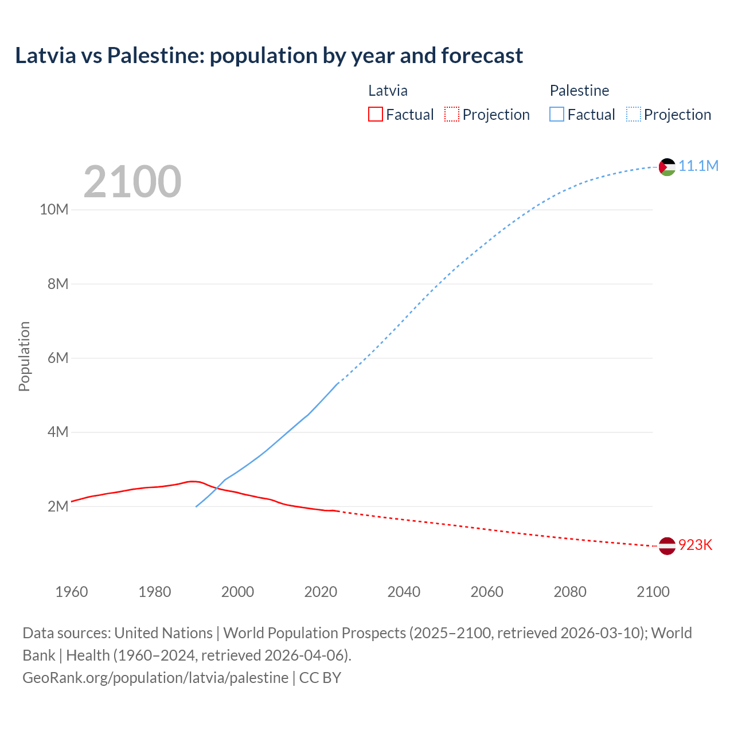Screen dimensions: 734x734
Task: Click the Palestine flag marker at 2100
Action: [667, 167]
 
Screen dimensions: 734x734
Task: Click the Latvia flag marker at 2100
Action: [667, 546]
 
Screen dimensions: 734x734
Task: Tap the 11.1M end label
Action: [698, 166]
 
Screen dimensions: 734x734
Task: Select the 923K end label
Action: [695, 545]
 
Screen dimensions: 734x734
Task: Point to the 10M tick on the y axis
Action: [54, 210]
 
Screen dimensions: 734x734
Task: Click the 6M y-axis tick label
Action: [58, 358]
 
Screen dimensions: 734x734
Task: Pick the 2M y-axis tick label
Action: [58, 506]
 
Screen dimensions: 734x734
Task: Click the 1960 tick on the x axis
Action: [72, 592]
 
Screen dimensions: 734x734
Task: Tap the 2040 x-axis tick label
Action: [404, 592]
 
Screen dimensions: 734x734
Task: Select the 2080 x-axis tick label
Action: [570, 592]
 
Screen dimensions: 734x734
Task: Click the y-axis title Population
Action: [24, 357]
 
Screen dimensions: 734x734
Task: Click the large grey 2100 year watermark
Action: [132, 182]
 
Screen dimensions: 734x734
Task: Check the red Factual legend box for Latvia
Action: [375, 114]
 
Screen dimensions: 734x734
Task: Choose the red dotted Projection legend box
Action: [452, 114]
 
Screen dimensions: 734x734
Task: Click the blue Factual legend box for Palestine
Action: [556, 114]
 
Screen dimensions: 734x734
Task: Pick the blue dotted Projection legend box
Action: [633, 114]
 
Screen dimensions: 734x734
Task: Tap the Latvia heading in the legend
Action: [388, 91]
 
